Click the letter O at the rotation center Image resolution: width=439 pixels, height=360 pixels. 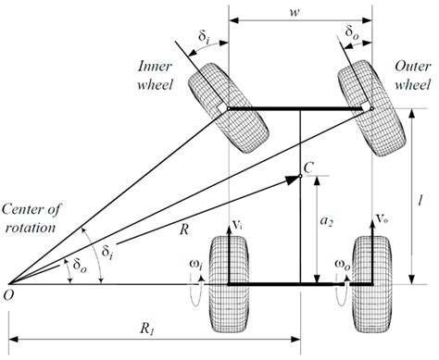pos(10,296)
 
